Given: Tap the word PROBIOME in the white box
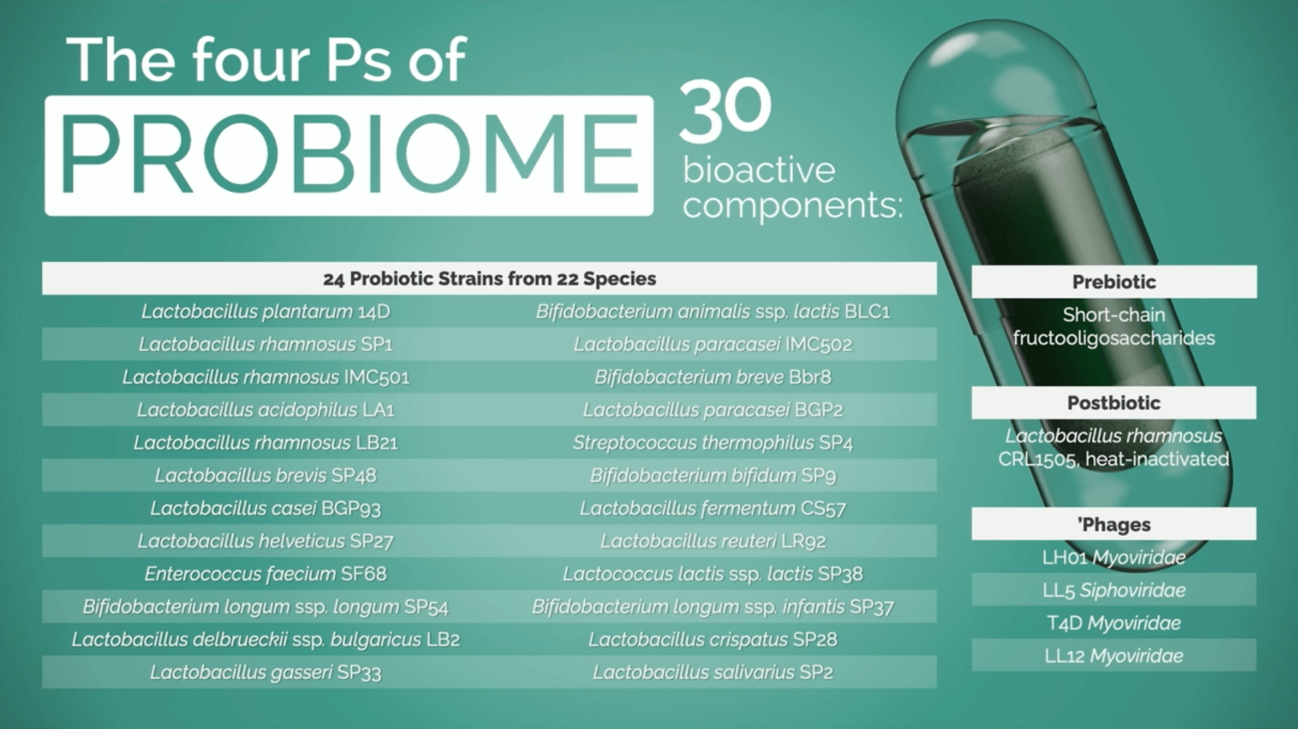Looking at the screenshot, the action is point(349,154).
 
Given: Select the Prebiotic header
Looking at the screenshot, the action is point(1114,282).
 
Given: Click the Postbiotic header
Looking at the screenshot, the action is point(1114,403).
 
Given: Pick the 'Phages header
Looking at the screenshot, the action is point(1114,524).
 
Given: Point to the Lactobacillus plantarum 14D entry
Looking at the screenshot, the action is point(265,311).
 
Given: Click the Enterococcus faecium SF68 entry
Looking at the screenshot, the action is point(265,573).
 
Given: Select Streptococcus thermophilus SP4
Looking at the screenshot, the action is point(712,443).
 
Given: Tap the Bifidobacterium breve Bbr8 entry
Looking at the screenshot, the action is point(712,377).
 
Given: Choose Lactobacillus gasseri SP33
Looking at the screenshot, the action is point(265,672).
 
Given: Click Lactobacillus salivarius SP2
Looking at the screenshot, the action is point(712,672).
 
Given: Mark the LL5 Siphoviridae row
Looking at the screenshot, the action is point(1114,590).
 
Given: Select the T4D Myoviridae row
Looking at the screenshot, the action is point(1114,623).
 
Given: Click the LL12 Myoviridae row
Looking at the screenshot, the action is point(1114,656).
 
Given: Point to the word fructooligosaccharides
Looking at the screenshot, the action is point(1114,338).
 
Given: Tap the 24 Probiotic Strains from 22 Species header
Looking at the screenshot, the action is point(489,278).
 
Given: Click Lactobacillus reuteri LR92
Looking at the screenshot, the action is point(712,541).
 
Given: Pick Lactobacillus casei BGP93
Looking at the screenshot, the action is point(265,508).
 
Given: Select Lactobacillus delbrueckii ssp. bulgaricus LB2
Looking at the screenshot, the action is point(265,639).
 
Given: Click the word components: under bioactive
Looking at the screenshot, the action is point(792,205).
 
